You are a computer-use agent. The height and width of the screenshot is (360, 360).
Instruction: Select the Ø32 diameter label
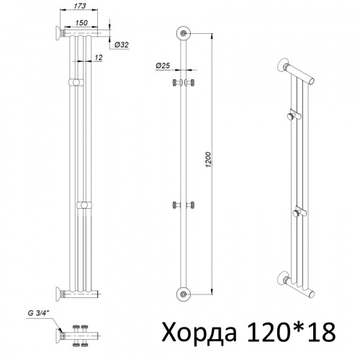(x=123, y=45)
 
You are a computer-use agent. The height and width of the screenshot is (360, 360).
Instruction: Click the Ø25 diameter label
(x=161, y=66)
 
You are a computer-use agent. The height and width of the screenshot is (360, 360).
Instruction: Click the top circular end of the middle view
(x=186, y=34)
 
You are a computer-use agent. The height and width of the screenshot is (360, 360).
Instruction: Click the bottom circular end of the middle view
(x=186, y=293)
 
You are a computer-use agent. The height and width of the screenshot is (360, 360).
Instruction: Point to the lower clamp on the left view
(x=85, y=207)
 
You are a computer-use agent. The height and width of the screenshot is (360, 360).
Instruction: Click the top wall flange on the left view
(x=57, y=32)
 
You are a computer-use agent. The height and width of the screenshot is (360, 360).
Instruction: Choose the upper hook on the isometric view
(x=291, y=115)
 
